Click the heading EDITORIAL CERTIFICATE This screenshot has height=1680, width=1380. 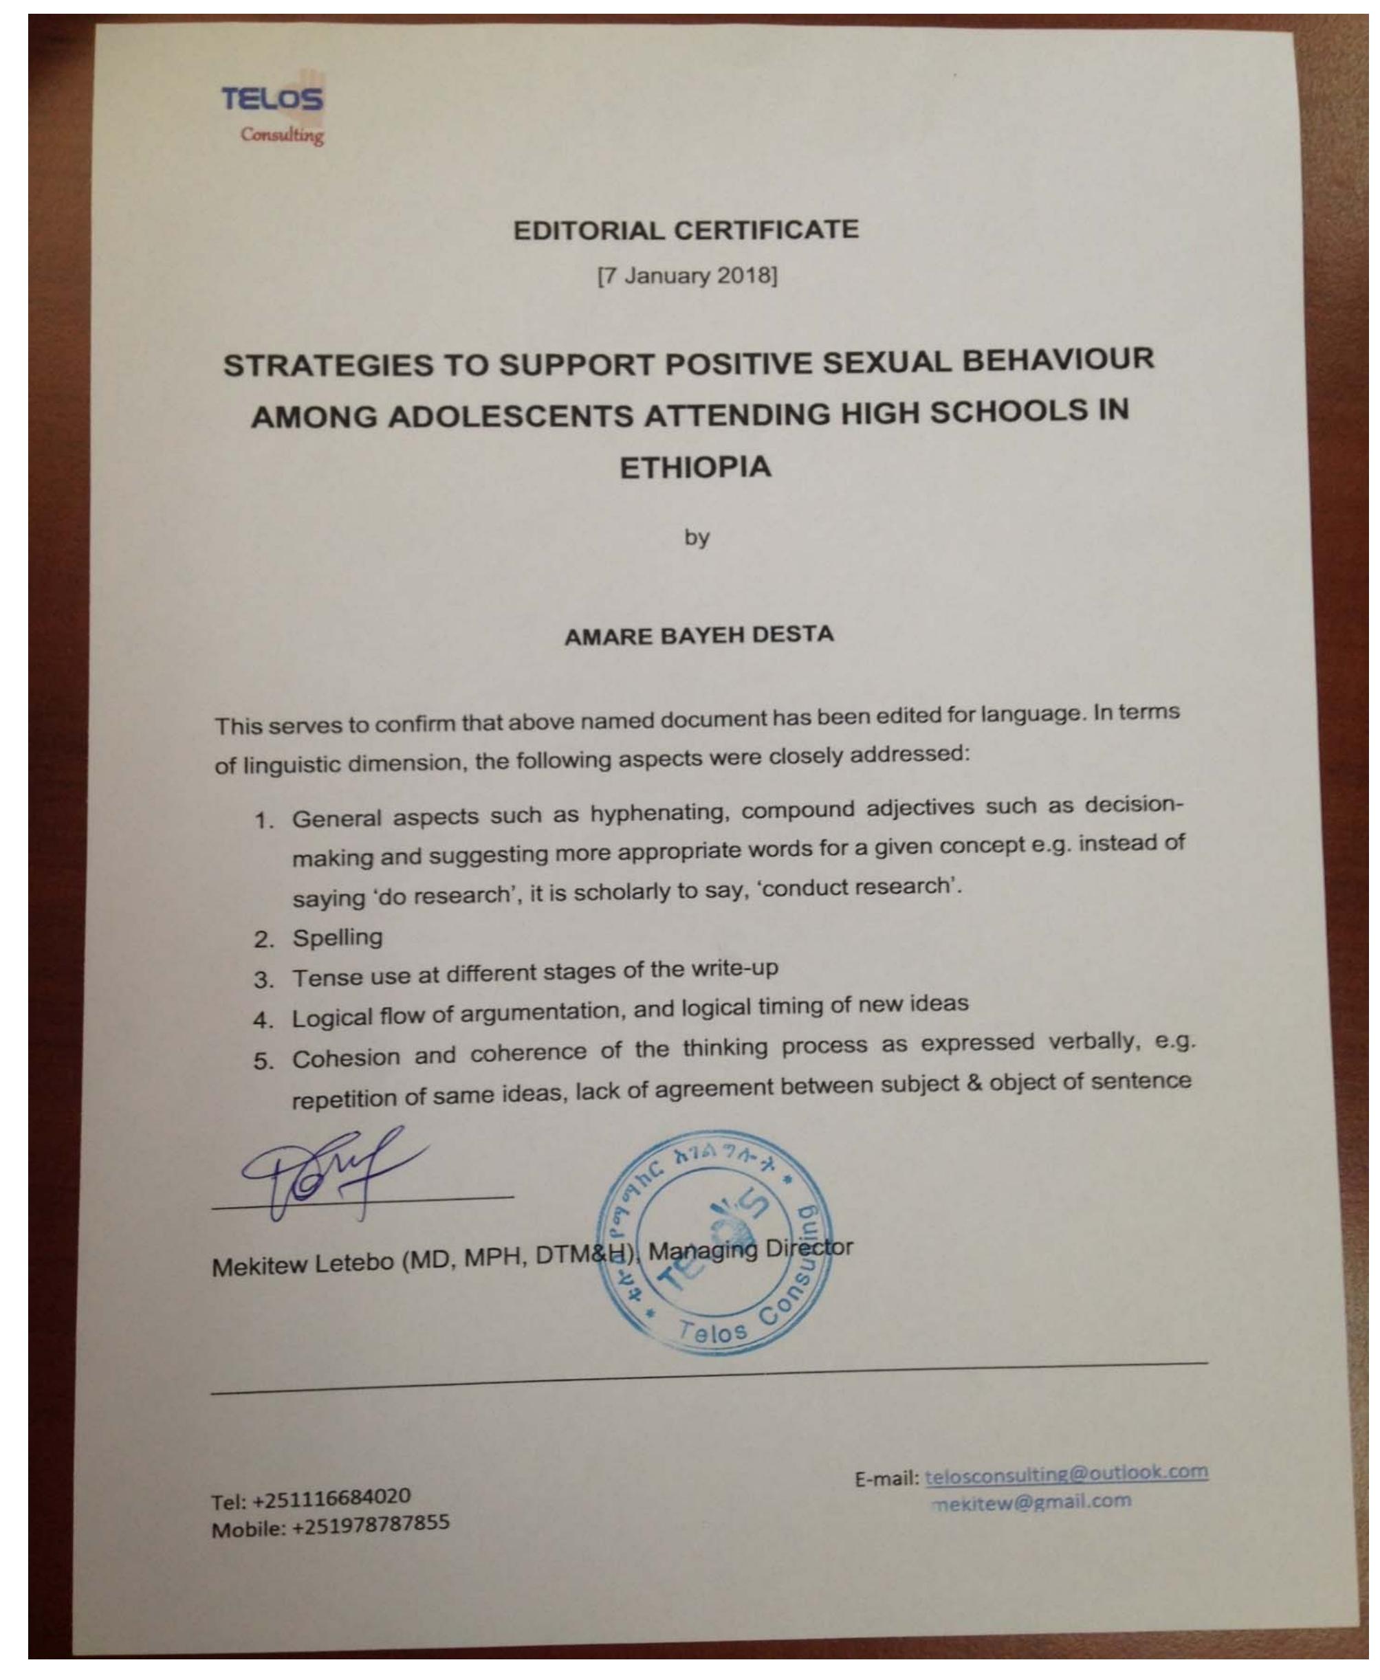click(x=686, y=230)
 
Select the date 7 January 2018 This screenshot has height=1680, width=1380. click(x=687, y=276)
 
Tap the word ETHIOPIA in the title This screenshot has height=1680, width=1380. click(x=696, y=467)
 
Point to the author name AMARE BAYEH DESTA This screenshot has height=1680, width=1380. click(x=699, y=636)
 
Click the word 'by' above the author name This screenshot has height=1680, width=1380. click(x=697, y=538)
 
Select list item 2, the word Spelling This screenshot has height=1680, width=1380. click(x=337, y=938)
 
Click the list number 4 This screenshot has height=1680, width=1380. click(x=263, y=1019)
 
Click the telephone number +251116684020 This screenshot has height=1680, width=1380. click(x=331, y=1498)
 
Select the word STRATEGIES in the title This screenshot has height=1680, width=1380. click(x=328, y=366)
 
